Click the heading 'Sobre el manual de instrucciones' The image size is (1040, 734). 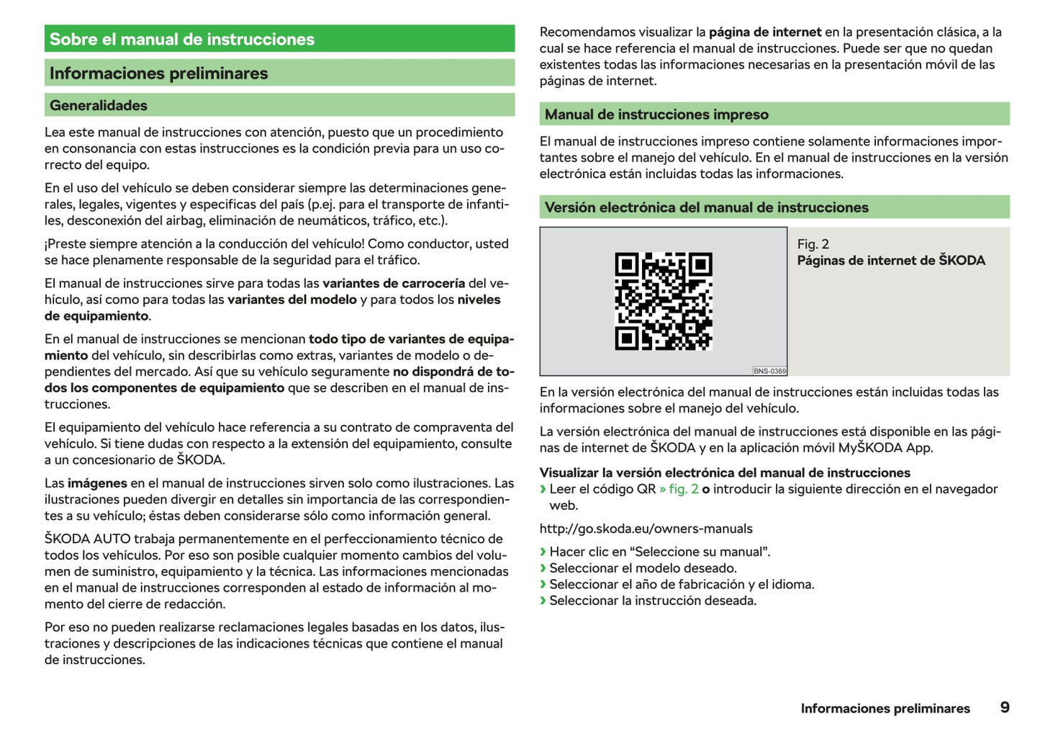182,40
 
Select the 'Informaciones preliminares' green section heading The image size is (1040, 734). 158,73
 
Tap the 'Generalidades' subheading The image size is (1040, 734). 99,105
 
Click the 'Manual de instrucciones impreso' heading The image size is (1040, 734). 656,115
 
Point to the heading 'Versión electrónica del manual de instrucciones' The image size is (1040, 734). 706,207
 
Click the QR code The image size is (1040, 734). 663,301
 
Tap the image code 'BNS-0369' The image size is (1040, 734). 769,371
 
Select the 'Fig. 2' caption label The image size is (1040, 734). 813,244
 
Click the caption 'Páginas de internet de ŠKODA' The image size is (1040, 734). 891,261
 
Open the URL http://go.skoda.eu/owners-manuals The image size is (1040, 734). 646,529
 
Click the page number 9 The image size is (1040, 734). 1005,707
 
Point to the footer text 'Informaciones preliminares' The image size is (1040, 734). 885,709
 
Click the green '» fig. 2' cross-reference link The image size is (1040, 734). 679,489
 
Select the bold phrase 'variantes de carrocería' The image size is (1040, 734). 394,283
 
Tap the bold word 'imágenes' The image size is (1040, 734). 97,483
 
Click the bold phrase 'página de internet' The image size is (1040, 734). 765,32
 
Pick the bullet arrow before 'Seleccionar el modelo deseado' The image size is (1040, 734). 543,568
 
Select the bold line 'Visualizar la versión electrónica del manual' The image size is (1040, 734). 725,473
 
